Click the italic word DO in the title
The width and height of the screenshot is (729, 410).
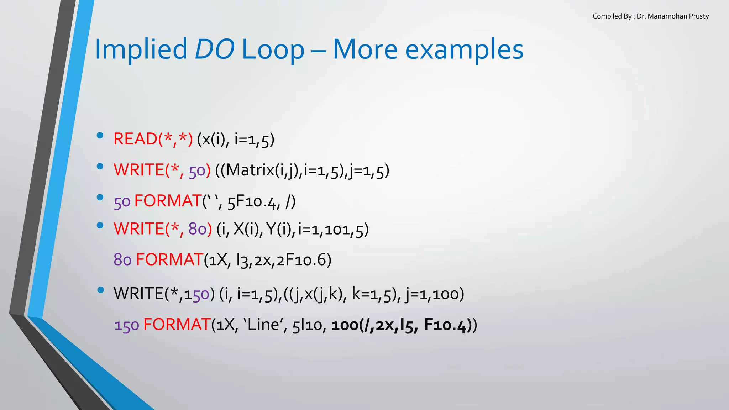coord(214,49)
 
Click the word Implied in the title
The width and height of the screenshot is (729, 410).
coord(141,49)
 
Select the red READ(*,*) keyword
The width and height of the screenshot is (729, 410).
coord(153,139)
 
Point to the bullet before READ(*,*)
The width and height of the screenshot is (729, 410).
coord(100,135)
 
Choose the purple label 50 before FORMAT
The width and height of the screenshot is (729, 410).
coord(122,202)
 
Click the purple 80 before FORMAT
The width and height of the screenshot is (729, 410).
coord(122,260)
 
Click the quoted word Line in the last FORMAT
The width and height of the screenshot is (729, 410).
coord(263,325)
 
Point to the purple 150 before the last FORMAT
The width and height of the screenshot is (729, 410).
coord(126,325)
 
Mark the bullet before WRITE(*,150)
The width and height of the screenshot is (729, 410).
coord(100,290)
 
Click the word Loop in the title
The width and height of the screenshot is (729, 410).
coord(273,49)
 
